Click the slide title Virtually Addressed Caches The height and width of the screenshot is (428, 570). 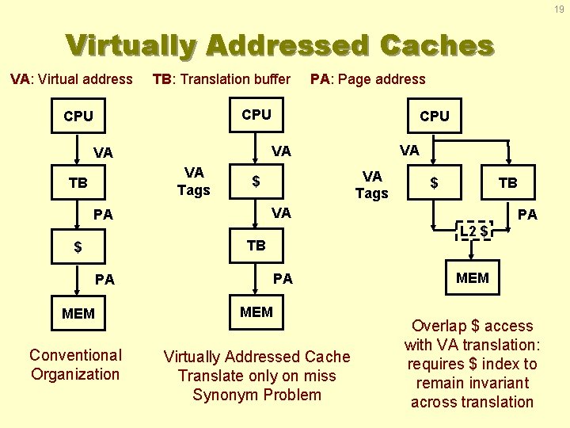pyautogui.click(x=280, y=45)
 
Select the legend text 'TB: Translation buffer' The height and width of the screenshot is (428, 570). pyautogui.click(x=222, y=79)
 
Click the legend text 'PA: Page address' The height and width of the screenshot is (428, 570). pyautogui.click(x=368, y=79)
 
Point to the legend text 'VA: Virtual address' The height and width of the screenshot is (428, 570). pyautogui.click(x=71, y=79)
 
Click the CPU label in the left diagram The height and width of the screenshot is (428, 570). pyautogui.click(x=78, y=117)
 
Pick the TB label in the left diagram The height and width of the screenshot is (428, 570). pyautogui.click(x=78, y=184)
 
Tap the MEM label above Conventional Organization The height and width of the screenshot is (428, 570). pyautogui.click(x=78, y=314)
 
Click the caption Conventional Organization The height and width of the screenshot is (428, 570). pyautogui.click(x=75, y=365)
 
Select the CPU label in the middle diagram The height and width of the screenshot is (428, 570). pyautogui.click(x=256, y=114)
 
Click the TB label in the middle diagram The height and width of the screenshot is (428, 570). pyautogui.click(x=256, y=246)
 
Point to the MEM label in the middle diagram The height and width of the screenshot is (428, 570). pyautogui.click(x=256, y=311)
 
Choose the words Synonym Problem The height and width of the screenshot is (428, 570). pyautogui.click(x=256, y=395)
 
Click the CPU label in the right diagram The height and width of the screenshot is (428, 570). pyautogui.click(x=434, y=117)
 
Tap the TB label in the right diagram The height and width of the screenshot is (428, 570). pyautogui.click(x=507, y=183)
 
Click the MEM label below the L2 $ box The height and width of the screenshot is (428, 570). pyautogui.click(x=473, y=278)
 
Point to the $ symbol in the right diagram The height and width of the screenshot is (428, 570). pyautogui.click(x=434, y=183)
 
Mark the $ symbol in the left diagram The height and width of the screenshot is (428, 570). pyautogui.click(x=78, y=247)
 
